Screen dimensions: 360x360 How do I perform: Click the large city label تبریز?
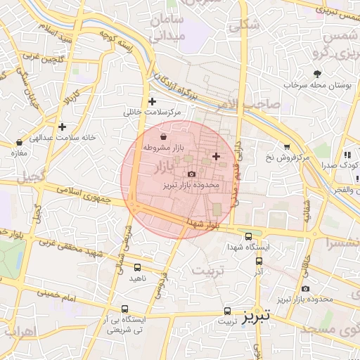pos(256,318)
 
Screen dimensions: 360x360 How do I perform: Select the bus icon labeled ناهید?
pos(136,267)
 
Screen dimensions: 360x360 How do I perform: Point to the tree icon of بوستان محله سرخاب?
pos(318,73)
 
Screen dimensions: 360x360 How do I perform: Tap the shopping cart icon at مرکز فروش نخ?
pos(287,146)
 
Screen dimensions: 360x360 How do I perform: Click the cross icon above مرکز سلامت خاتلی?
pos(152,101)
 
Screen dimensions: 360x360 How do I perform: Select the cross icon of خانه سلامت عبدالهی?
pos(63,127)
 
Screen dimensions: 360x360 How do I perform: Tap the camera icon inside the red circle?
pos(191,174)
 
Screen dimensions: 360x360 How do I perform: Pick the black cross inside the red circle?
pos(215,155)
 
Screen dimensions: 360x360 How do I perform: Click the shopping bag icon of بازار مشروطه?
pos(163,136)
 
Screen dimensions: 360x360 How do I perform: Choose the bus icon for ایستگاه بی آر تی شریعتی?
pos(125,309)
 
